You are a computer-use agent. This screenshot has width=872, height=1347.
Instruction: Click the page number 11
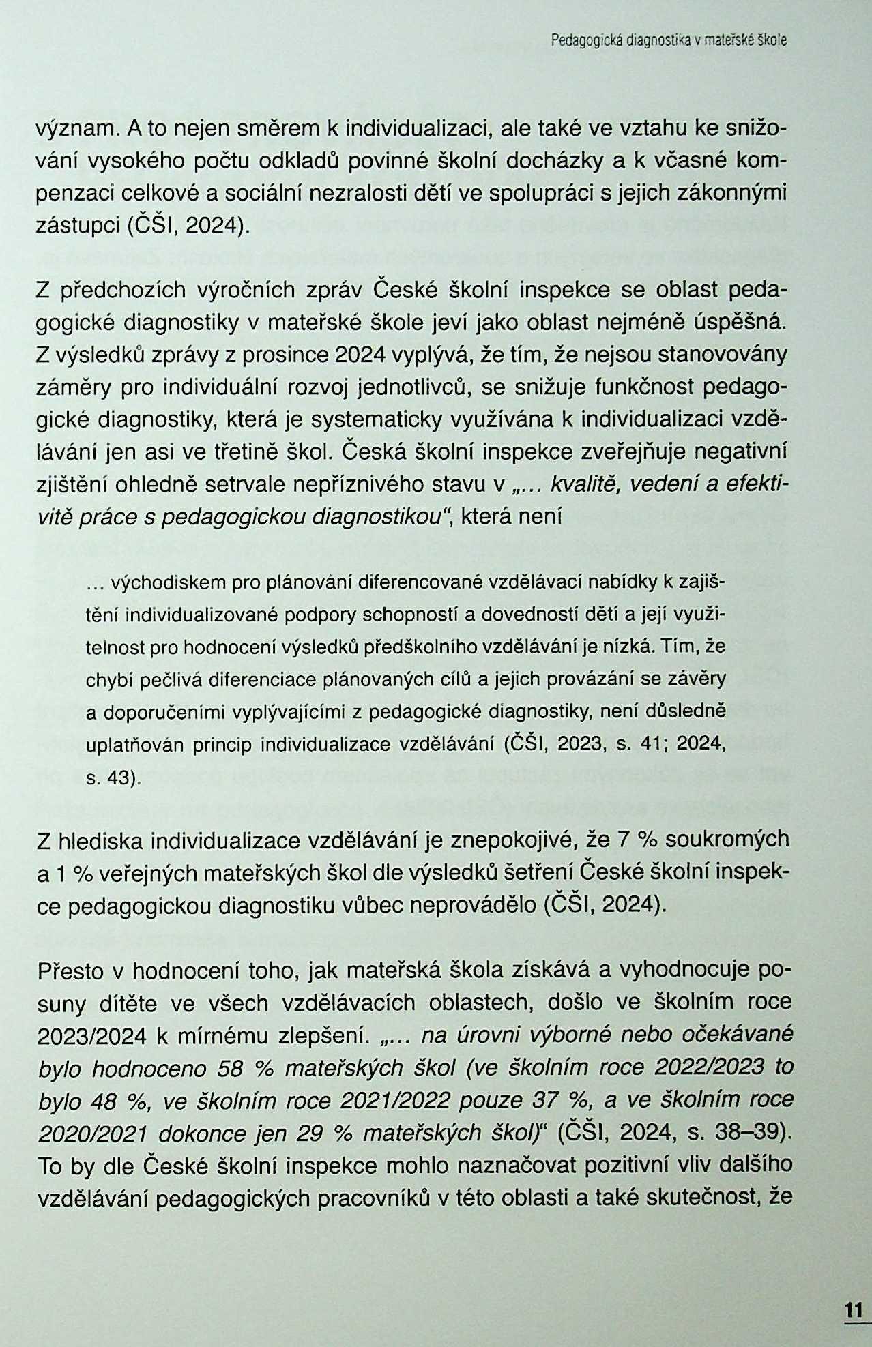pos(853,1310)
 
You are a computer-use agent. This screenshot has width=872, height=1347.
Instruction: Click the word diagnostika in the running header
pos(656,41)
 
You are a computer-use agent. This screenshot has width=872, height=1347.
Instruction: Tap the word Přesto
pos(69,970)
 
